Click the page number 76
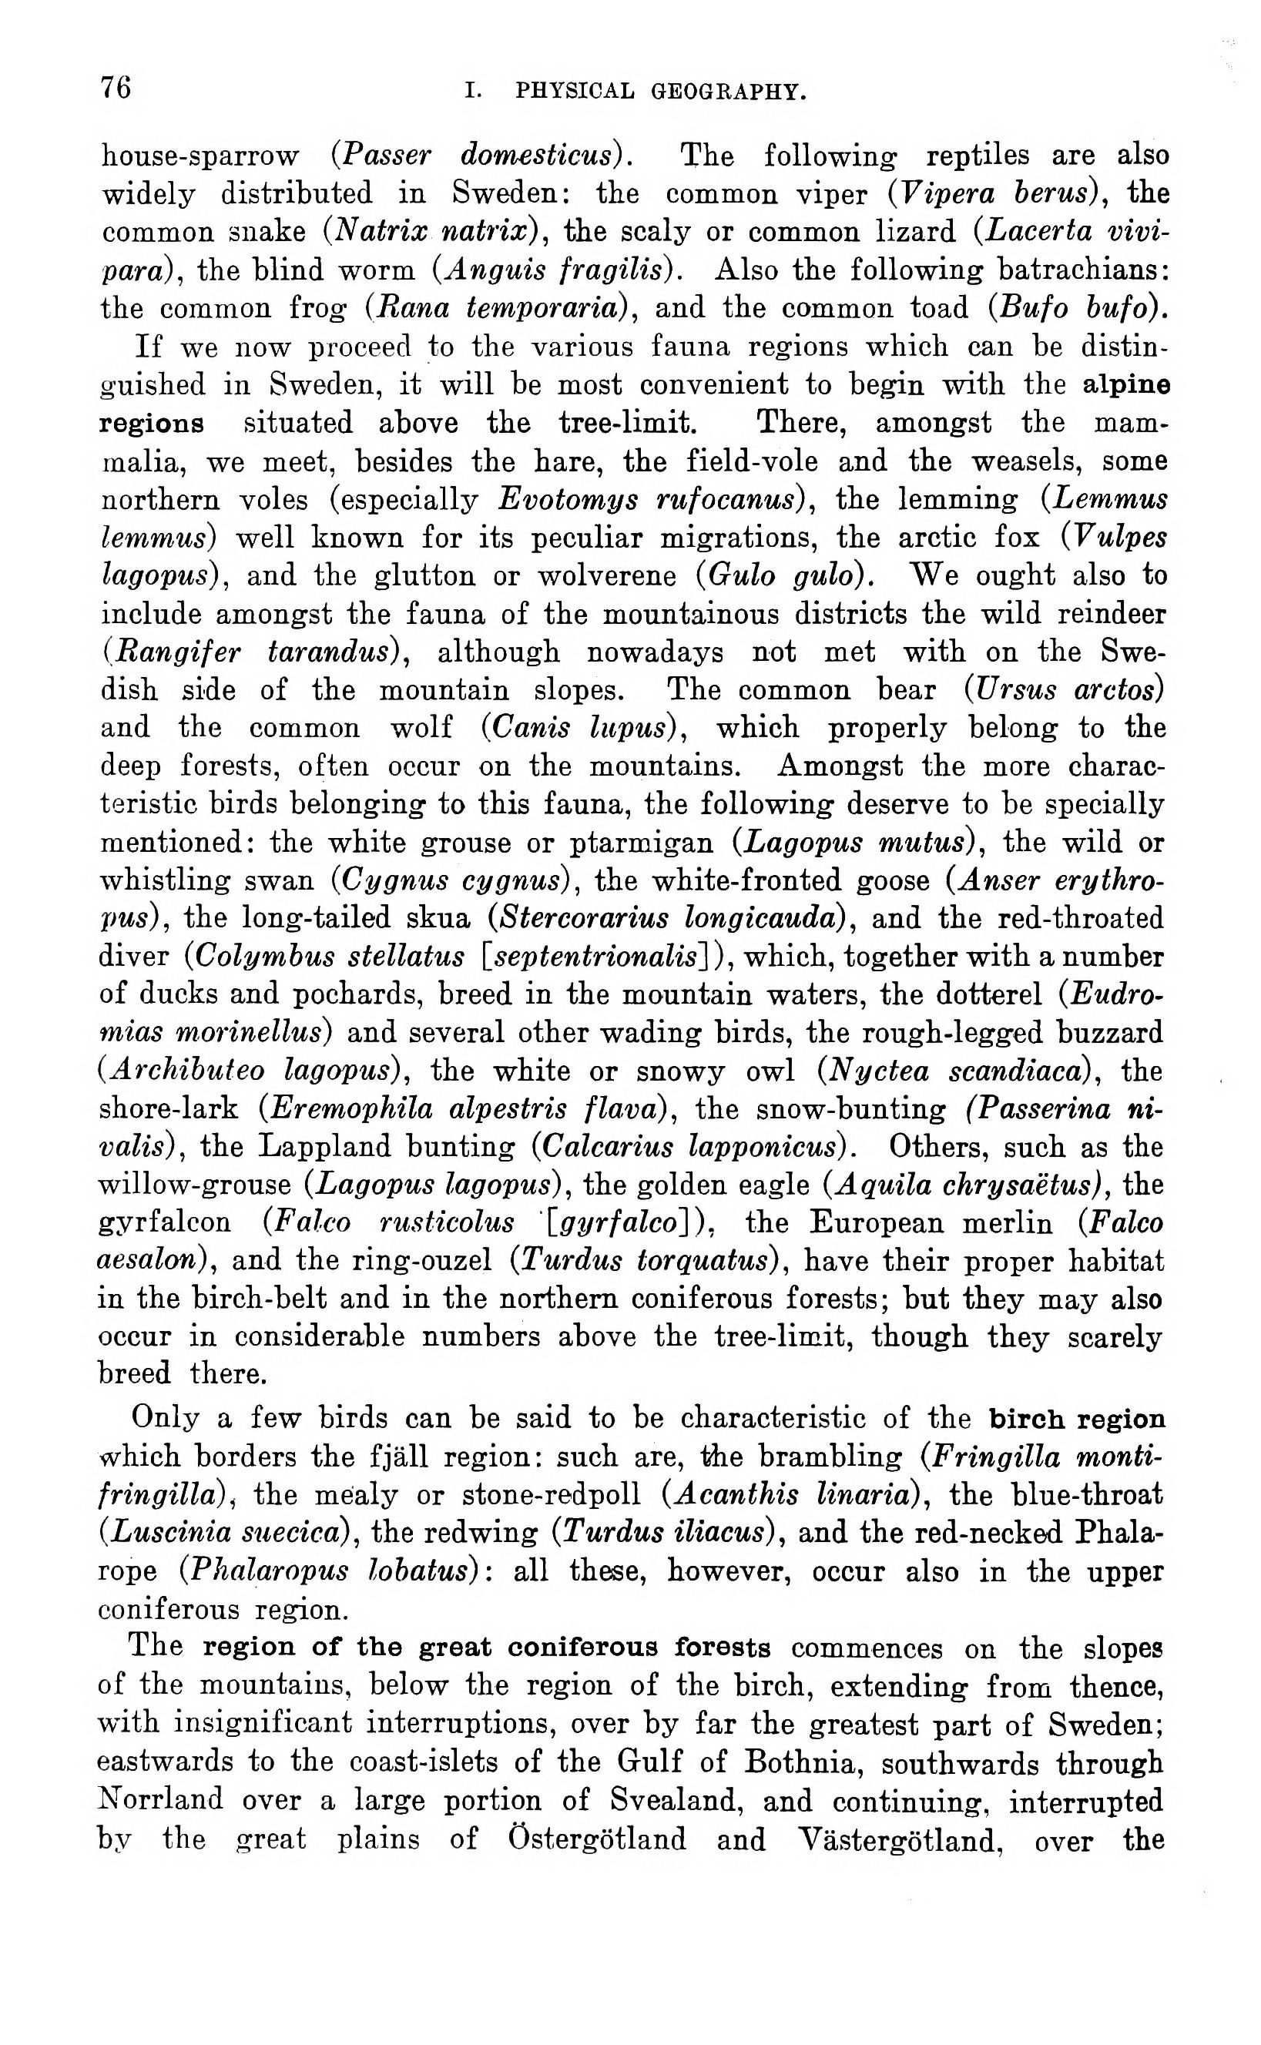(116, 87)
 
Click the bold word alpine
(1126, 385)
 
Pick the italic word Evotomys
(567, 500)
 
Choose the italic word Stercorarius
(582, 919)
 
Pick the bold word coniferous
(583, 1648)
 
